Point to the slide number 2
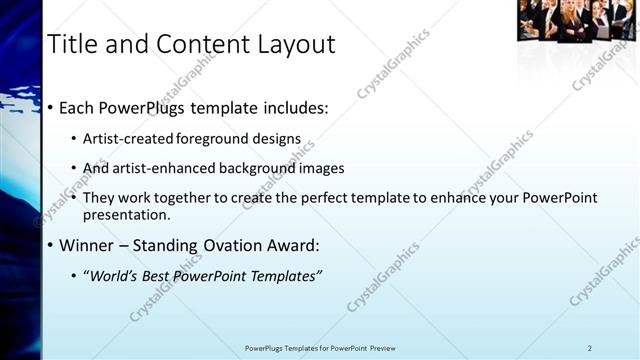[x=590, y=348]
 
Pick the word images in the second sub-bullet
[x=321, y=168]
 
